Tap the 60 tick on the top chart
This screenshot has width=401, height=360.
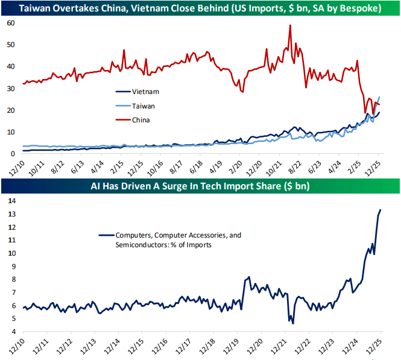[x=10, y=22]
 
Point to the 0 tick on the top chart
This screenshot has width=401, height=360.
[x=13, y=154]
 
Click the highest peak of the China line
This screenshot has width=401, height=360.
[x=291, y=25]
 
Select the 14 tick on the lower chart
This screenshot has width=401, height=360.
[x=10, y=201]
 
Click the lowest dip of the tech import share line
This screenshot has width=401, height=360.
[x=293, y=323]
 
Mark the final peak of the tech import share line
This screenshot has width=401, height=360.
[x=380, y=210]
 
